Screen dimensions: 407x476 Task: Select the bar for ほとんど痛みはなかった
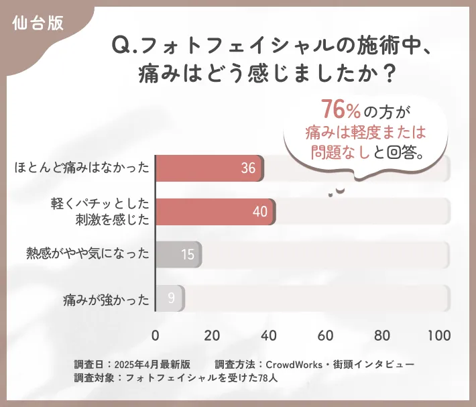tap(209, 168)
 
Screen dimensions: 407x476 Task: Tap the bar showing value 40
tap(215, 212)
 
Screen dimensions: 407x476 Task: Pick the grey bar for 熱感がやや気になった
tap(178, 255)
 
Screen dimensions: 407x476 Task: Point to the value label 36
tap(248, 168)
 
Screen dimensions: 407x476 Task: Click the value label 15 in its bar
tap(188, 255)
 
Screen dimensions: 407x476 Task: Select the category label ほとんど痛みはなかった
tap(81, 168)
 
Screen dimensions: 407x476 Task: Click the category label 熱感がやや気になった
tap(87, 255)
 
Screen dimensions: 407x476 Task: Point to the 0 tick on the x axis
tap(156, 335)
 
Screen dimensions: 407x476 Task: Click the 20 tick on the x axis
tap(213, 335)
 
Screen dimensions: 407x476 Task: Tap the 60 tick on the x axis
tap(326, 335)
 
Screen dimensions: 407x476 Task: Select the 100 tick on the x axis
tap(439, 335)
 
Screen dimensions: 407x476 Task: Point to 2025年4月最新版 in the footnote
tap(153, 364)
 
